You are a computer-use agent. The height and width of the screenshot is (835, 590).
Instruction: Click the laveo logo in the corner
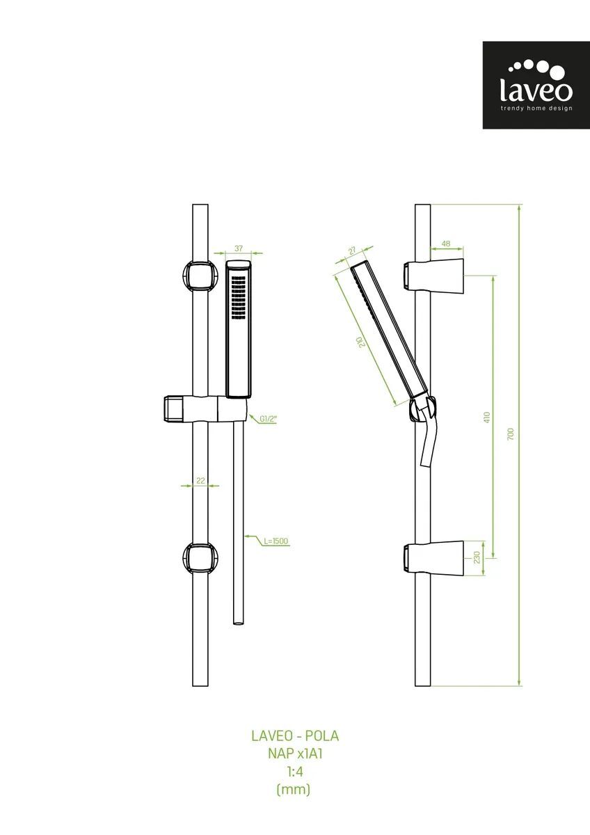click(x=536, y=85)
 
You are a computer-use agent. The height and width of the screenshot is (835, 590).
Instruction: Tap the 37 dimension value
click(x=239, y=248)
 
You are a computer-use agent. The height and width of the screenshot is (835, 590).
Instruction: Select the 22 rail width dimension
click(x=200, y=481)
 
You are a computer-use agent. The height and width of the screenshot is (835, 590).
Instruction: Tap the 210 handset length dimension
click(x=360, y=342)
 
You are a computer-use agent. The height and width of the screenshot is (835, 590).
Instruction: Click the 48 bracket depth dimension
click(x=446, y=244)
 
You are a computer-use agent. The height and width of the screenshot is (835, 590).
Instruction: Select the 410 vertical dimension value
click(x=487, y=417)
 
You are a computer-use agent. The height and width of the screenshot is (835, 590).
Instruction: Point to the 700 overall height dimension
click(x=511, y=434)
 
